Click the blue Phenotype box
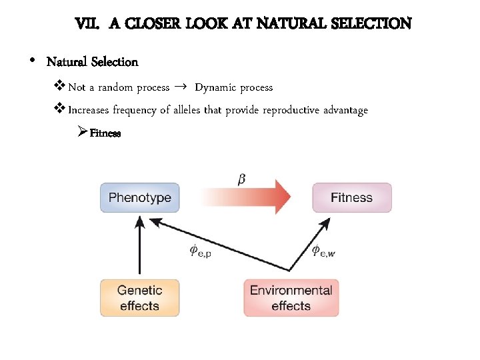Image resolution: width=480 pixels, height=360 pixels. pos(140,197)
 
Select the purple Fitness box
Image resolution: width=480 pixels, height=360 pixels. pos(351,197)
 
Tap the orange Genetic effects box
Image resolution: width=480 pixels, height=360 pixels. pos(139,298)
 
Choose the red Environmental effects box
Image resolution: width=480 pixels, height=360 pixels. pos(291,298)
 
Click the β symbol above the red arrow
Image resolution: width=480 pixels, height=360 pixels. pos(241,178)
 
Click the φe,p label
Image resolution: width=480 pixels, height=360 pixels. pos(201,251)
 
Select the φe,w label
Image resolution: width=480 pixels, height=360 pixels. pos(323,251)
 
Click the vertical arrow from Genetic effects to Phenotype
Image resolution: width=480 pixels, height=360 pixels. pos(139,247)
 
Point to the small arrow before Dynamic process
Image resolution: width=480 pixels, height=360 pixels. pos(181,87)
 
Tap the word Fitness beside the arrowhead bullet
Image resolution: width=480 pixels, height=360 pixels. pos(105,133)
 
